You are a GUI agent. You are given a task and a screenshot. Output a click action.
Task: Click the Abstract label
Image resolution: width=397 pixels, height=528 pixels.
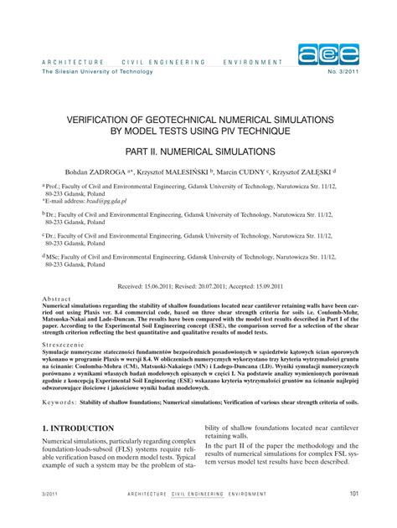56,299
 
